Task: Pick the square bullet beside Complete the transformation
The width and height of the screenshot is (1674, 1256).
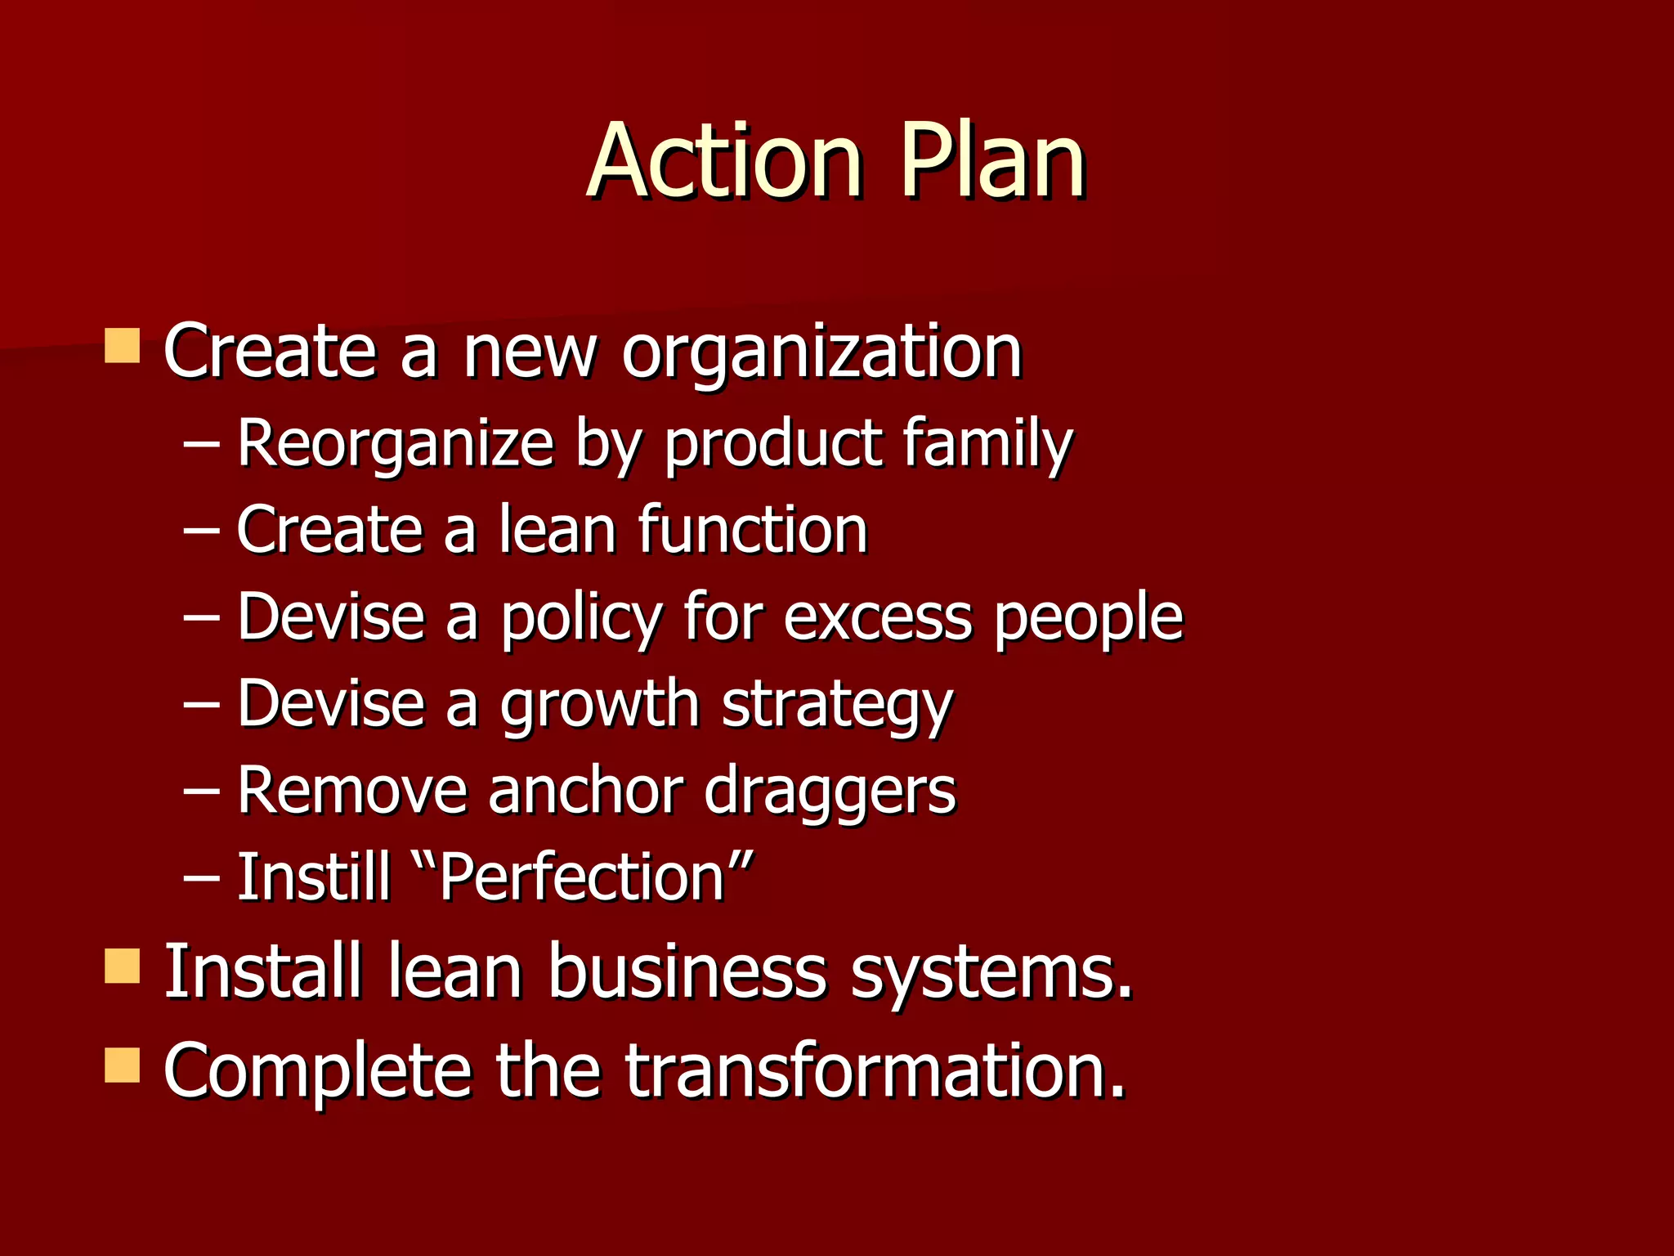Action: coord(123,1065)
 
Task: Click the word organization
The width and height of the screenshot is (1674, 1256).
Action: coord(821,353)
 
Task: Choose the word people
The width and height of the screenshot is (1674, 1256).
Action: coord(1088,617)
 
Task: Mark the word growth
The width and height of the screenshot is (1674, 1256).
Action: coord(599,704)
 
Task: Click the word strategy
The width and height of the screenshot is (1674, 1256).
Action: coord(837,704)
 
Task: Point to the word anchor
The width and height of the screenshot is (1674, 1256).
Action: coord(585,791)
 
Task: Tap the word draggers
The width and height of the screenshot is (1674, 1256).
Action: coord(829,791)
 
